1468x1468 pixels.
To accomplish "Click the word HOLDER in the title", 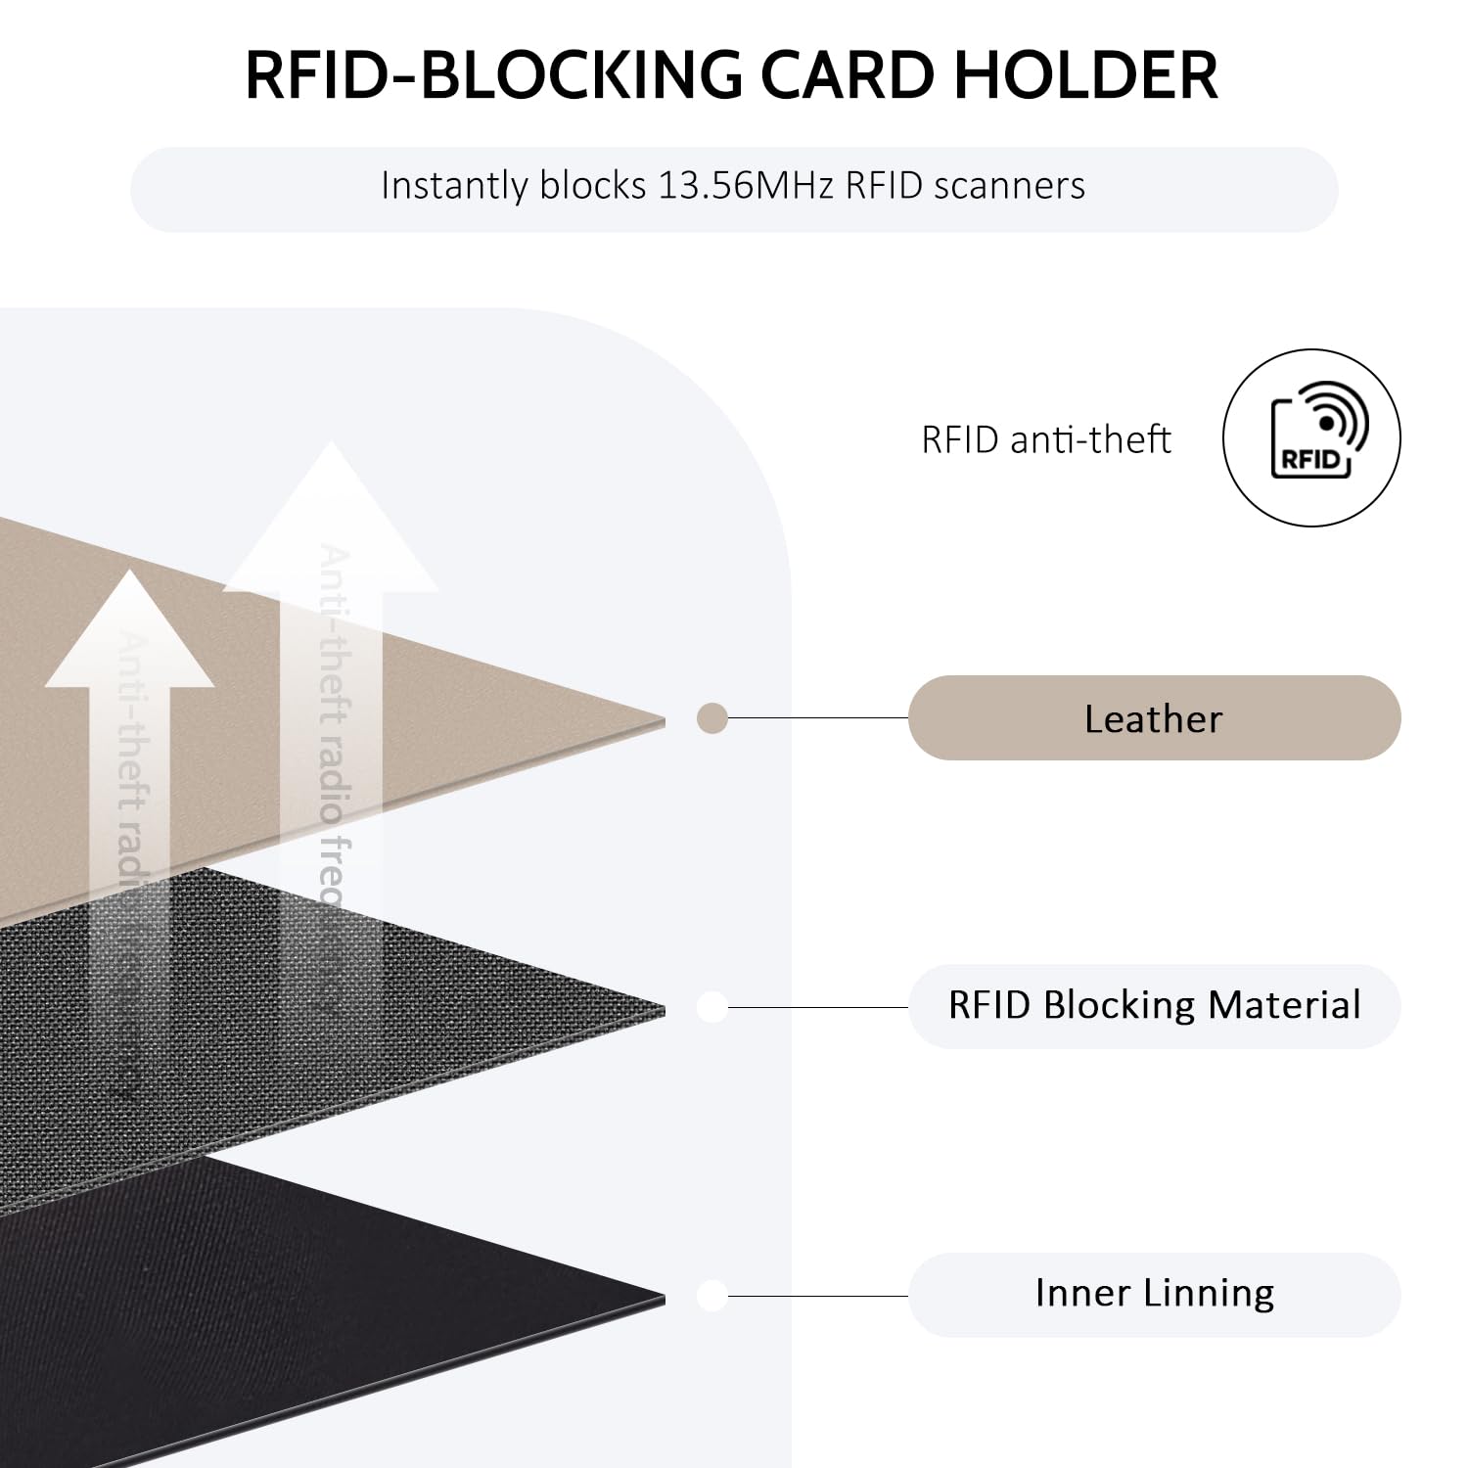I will [x=1085, y=75].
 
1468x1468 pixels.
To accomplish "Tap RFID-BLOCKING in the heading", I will [x=493, y=75].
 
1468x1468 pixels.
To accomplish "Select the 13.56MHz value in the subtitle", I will [x=745, y=186].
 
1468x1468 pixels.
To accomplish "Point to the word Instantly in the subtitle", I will [x=454, y=186].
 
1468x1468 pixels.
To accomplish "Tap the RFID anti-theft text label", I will [x=1045, y=439].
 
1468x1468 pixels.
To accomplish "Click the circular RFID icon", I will [x=1310, y=438].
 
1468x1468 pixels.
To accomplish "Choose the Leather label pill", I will [x=1154, y=718].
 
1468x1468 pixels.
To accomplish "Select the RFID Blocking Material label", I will [x=1154, y=1006].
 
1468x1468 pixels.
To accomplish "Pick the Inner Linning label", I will [x=1154, y=1294].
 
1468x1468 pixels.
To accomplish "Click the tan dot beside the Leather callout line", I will [x=712, y=719].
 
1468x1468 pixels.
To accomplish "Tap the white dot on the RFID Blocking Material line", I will [x=712, y=1007].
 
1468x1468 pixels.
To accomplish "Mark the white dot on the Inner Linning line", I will [x=712, y=1295].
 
